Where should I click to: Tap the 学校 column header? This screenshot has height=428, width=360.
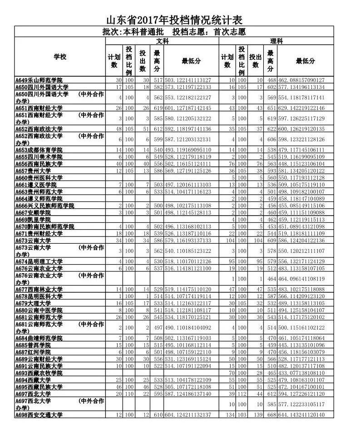pyautogui.click(x=59, y=57)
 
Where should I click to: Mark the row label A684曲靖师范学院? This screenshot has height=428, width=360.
pyautogui.click(x=39, y=338)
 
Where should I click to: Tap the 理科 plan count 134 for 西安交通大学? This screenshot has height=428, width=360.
pyautogui.click(x=229, y=415)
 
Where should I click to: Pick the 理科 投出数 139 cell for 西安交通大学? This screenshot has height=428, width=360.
pyautogui.click(x=257, y=415)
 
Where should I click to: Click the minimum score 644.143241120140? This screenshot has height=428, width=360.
pyautogui.click(x=304, y=415)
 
